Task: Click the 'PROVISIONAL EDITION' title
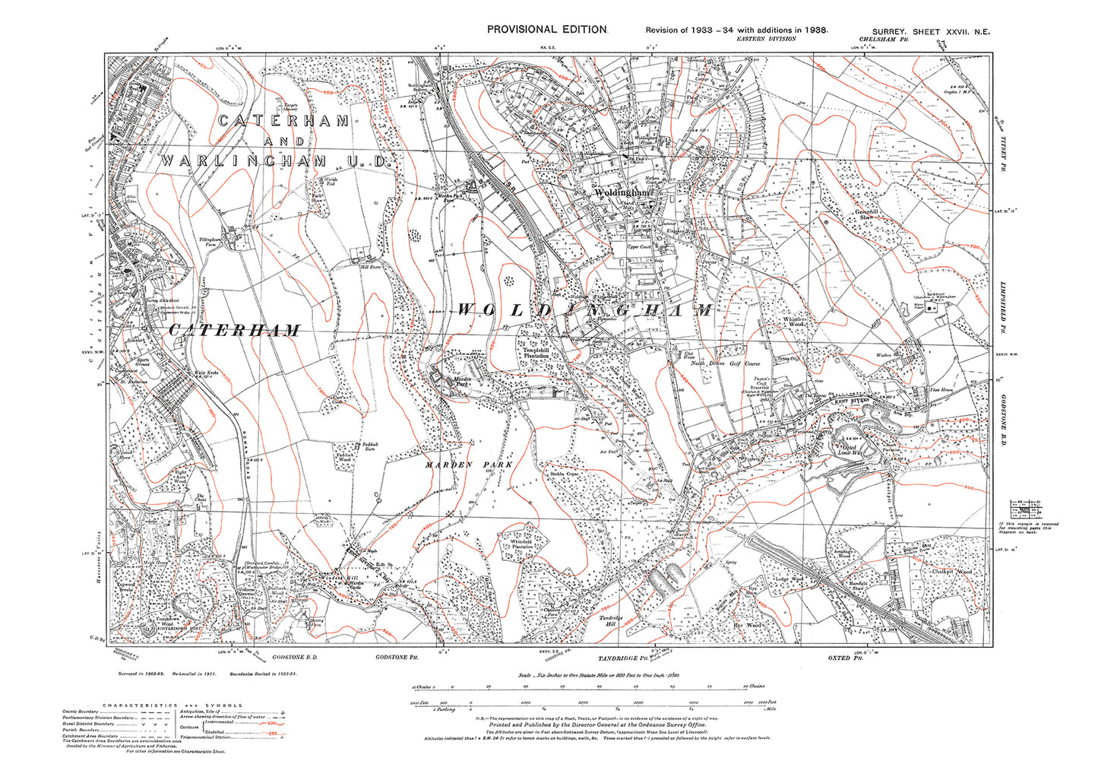(546, 29)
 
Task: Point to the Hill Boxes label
(369, 267)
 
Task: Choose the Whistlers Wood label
(793, 322)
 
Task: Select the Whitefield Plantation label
(521, 544)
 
